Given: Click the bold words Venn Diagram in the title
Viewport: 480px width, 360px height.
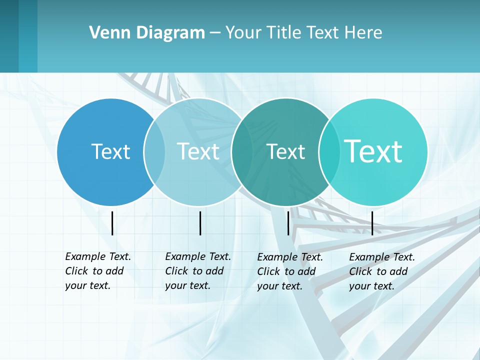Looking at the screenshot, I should click(147, 33).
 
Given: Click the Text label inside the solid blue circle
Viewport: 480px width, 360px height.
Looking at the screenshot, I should click(110, 151).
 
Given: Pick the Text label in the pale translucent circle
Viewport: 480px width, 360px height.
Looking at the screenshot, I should click(198, 151).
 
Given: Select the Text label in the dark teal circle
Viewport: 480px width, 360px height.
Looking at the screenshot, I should click(285, 151).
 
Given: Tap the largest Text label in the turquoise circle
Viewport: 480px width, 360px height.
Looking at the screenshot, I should click(373, 151).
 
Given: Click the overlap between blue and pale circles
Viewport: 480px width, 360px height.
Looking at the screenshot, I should click(154, 151).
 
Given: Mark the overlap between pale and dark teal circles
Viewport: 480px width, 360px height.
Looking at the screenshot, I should click(242, 151).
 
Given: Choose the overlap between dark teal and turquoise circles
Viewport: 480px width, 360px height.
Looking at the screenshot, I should click(329, 151).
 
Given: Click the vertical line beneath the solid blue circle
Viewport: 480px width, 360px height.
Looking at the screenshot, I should click(112, 223).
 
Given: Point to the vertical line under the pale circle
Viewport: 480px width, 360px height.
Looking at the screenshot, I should click(200, 223).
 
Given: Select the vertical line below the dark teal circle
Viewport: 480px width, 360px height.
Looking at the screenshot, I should click(288, 223).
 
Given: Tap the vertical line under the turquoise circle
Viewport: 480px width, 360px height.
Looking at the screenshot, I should click(372, 223).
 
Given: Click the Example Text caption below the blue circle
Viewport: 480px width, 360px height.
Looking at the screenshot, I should click(97, 271).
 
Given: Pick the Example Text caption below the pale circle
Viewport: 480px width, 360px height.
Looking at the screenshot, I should click(197, 271).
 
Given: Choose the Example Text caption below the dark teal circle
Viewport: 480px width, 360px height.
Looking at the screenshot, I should click(289, 271).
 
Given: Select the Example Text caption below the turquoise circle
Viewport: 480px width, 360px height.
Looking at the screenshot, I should click(381, 271).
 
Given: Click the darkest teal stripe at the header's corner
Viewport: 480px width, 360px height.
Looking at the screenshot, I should click(9, 36).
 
